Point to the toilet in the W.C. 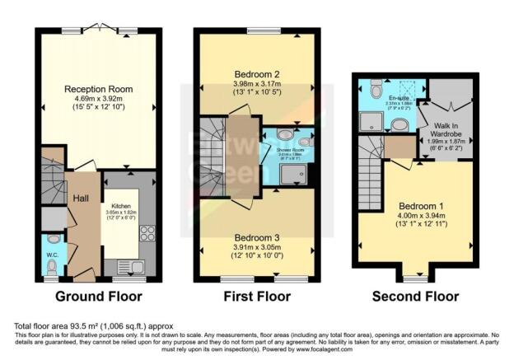52,266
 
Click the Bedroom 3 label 257,221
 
